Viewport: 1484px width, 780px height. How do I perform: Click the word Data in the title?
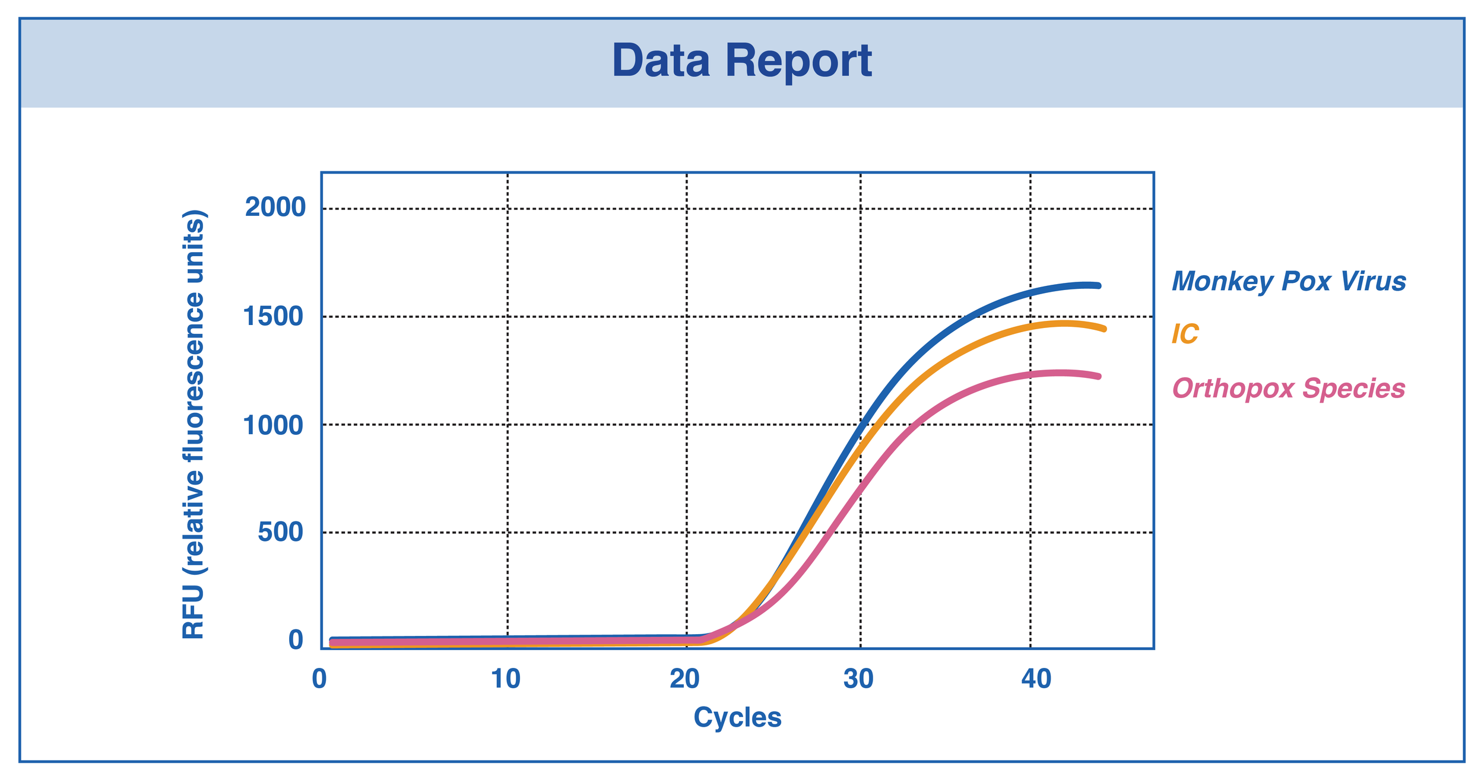[x=661, y=61]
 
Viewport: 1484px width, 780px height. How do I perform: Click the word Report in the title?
[x=798, y=62]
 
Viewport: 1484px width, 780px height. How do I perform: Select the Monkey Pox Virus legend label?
[x=1289, y=281]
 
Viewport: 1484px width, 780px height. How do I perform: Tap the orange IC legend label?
[x=1185, y=335]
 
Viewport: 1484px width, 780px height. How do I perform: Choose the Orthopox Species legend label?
[x=1289, y=389]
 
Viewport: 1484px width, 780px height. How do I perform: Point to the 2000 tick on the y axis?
[x=275, y=208]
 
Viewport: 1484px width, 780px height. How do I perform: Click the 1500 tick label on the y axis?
[x=274, y=317]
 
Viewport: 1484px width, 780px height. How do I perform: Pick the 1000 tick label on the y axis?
[x=274, y=425]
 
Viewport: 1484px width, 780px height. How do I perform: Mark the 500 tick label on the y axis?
[x=281, y=533]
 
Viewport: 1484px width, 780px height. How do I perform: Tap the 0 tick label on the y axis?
[x=296, y=641]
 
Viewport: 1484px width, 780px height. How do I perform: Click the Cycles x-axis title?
[x=737, y=718]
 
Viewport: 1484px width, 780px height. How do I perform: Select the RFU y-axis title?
[x=193, y=425]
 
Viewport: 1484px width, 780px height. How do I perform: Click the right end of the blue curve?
[x=1099, y=286]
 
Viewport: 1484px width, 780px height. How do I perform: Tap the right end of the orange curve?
[x=1104, y=329]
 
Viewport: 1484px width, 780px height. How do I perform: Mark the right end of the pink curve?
[x=1099, y=377]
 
